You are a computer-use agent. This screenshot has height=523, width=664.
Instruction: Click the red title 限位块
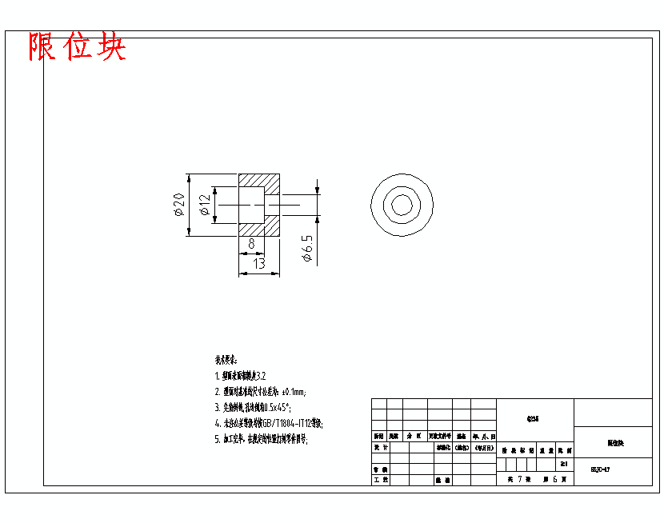[x=78, y=47]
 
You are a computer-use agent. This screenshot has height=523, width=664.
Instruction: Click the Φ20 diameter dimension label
[x=178, y=205]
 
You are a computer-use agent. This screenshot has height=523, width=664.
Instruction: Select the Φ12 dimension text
[x=204, y=205]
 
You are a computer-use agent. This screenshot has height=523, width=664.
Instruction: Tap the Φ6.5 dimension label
[x=308, y=249]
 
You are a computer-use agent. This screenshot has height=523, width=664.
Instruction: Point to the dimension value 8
[x=251, y=243]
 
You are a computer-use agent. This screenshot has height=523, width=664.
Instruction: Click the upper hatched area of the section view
[x=259, y=180]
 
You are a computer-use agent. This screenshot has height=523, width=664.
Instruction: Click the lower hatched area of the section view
[x=259, y=229]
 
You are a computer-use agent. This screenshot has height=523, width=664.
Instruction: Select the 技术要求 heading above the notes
[x=226, y=361]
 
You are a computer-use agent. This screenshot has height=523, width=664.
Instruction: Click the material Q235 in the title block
[x=534, y=418]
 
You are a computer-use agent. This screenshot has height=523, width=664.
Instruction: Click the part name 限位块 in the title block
[x=614, y=442]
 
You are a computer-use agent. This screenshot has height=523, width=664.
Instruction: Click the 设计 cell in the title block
[x=380, y=449]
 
